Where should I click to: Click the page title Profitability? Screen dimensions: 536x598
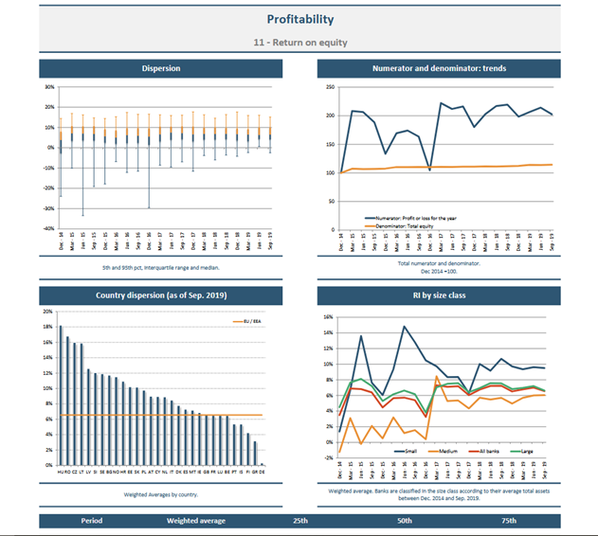point(299,20)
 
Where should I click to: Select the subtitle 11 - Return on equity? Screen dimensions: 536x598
point(299,43)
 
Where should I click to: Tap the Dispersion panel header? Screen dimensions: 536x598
point(160,68)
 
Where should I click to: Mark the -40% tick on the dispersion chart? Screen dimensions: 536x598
point(50,229)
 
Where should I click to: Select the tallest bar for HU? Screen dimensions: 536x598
point(61,396)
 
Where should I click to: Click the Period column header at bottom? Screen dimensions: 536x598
point(92,521)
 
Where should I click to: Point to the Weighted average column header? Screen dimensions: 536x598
point(196,521)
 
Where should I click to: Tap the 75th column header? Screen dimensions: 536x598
point(509,521)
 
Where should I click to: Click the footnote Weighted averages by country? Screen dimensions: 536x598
point(160,494)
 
